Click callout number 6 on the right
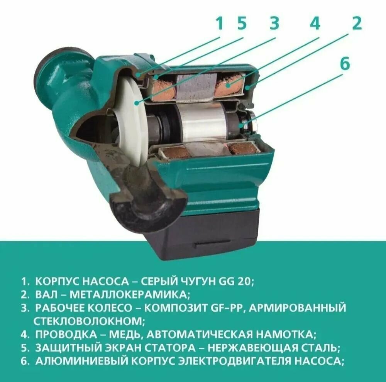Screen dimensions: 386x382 tap(345, 64)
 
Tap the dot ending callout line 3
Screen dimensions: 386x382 tap(135, 103)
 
